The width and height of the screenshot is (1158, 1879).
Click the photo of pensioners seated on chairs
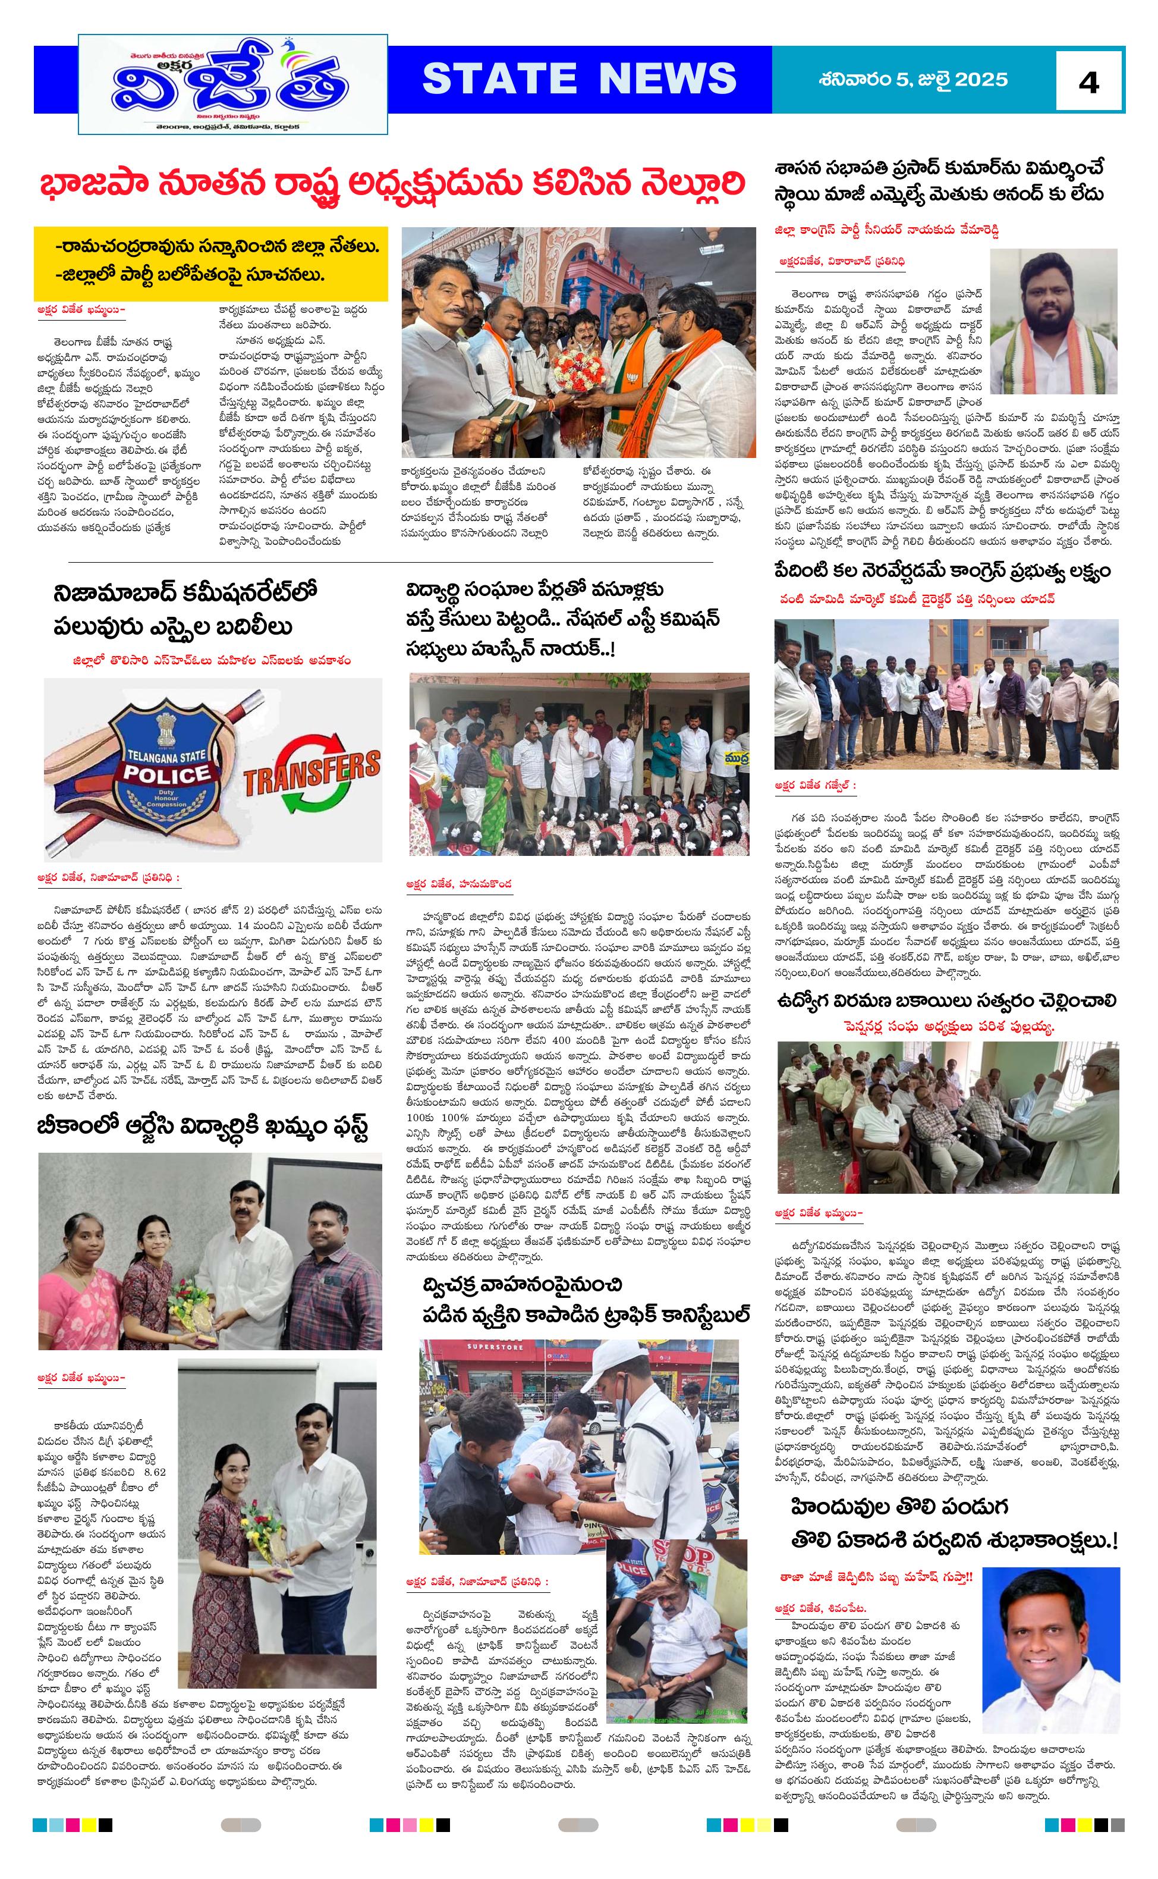[x=948, y=1116]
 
